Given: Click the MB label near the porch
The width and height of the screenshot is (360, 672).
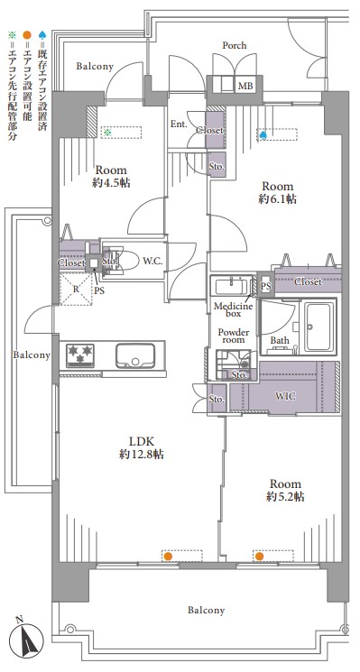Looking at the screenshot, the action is pyautogui.click(x=245, y=87).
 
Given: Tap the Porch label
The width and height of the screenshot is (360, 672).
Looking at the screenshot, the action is pyautogui.click(x=235, y=45).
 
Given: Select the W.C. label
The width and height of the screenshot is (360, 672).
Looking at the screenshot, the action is pyautogui.click(x=152, y=261).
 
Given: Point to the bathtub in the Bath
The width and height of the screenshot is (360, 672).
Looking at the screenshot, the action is pyautogui.click(x=319, y=327).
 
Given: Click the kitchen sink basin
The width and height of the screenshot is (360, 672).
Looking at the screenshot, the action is pyautogui.click(x=135, y=355).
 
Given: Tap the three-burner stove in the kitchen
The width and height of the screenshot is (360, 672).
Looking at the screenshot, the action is pyautogui.click(x=79, y=354).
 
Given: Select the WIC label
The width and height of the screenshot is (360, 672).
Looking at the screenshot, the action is pyautogui.click(x=285, y=396).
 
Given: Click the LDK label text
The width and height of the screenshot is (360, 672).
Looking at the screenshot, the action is pyautogui.click(x=141, y=441).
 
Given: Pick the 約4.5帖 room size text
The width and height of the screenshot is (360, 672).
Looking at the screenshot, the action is pyautogui.click(x=111, y=183).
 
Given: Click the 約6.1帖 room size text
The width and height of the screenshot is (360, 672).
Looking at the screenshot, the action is pyautogui.click(x=278, y=199).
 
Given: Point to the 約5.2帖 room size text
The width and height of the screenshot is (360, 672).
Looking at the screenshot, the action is pyautogui.click(x=285, y=497).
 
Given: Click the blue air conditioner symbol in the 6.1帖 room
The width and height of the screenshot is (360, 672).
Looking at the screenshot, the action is pyautogui.click(x=263, y=135).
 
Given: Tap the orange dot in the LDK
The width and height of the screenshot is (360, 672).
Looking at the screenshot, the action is pyautogui.click(x=168, y=557).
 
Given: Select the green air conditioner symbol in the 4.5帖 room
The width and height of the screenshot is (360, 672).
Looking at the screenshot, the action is pyautogui.click(x=107, y=133).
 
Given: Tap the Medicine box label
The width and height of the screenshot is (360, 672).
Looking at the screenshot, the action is pyautogui.click(x=233, y=310).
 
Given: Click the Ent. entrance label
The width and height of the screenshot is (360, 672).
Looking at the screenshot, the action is pyautogui.click(x=179, y=124).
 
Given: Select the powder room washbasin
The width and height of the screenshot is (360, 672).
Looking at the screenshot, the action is pyautogui.click(x=231, y=286).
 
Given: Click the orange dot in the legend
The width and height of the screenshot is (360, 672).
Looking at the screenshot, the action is pyautogui.click(x=27, y=34).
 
